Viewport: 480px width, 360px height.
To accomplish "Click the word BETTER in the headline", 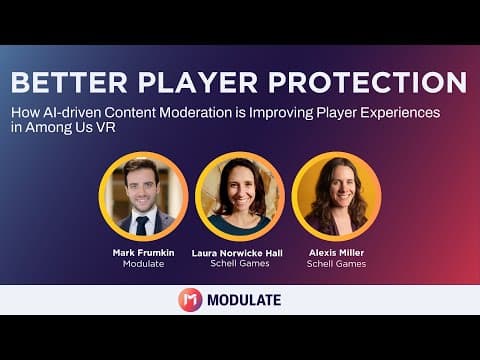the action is point(69,82).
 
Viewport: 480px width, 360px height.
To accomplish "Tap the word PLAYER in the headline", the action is point(198,82).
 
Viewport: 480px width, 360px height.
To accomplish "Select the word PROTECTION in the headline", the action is point(368,82).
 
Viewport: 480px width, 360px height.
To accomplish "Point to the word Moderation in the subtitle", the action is point(196,113).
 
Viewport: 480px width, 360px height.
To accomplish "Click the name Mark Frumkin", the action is point(143,253).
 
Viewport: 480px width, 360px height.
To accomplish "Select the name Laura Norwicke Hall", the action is point(237,253).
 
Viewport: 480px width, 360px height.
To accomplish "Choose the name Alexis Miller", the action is point(336,253).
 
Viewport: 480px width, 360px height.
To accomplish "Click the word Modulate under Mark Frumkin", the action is point(143,264).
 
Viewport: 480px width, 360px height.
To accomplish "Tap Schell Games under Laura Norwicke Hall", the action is point(240,264).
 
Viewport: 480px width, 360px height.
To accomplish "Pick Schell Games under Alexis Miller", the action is point(336,264).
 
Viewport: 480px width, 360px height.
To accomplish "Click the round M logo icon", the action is point(190,300).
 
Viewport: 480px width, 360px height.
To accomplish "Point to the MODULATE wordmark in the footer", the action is point(244,300).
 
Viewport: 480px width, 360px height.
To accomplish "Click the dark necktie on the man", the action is point(142,226).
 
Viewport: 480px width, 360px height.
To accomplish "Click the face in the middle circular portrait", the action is point(241,188).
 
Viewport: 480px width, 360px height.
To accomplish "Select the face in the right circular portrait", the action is point(341,187).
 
